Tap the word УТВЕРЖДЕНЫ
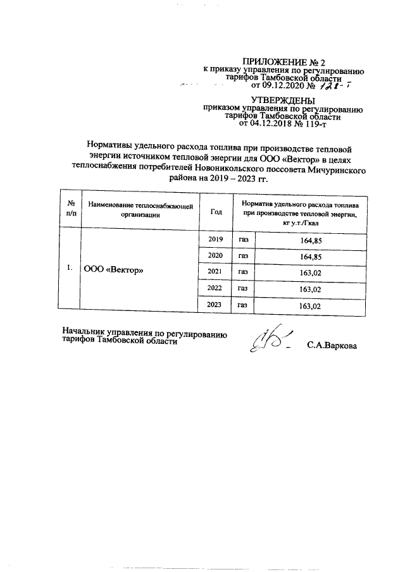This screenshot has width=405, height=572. (282, 100)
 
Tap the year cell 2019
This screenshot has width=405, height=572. (216, 240)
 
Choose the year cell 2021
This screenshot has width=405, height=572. (216, 272)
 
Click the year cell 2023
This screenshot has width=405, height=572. (216, 305)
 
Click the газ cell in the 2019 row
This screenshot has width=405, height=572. (244, 240)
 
